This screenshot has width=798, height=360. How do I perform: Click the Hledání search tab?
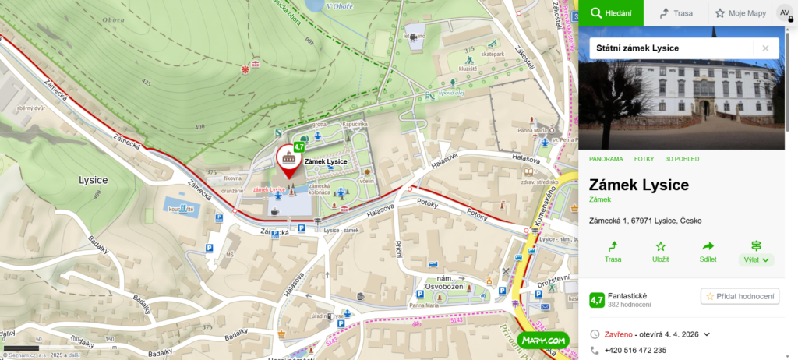tap(611, 13)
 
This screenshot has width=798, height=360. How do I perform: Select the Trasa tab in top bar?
tap(676, 13)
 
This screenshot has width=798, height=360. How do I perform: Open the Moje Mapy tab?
tap(740, 13)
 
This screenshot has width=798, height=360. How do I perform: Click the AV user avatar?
tap(785, 13)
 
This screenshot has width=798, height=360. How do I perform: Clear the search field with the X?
tap(765, 48)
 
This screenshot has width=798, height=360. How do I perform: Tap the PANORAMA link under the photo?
tap(606, 159)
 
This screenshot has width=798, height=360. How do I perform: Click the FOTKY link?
tap(644, 159)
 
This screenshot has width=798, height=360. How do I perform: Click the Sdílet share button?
tap(708, 251)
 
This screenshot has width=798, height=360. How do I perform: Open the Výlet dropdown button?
tap(756, 252)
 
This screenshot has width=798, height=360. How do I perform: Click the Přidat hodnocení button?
tap(740, 296)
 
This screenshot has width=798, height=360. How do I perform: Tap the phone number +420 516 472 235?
tap(635, 351)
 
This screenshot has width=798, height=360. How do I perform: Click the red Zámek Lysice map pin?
tap(289, 160)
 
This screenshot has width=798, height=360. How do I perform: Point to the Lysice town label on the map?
tap(93, 180)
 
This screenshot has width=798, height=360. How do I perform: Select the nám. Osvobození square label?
tap(446, 282)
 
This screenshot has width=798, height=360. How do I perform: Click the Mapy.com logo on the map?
tap(543, 340)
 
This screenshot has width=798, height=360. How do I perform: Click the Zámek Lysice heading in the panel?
tap(639, 185)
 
